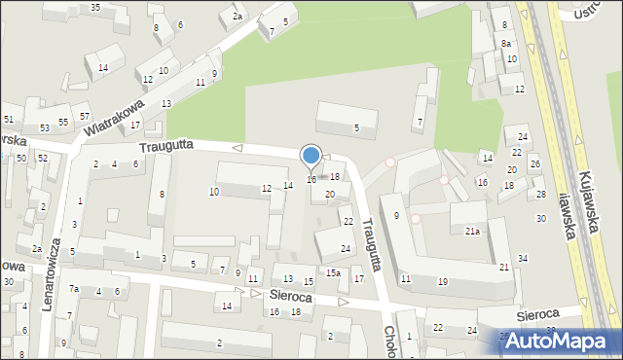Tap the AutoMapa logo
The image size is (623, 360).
tap(557, 341)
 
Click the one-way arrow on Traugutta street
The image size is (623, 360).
tap(238, 148)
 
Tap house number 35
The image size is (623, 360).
tap(95, 8)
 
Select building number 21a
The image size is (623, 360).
tap(472, 231)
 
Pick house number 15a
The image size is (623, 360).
tap(333, 273)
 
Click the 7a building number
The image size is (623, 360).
tap(73, 288)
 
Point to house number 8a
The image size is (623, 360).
tap(506, 44)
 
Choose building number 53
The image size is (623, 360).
tap(44, 128)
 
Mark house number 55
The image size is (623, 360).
tap(63, 122)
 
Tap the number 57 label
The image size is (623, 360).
tap(86, 117)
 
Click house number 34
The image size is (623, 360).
tap(523, 258)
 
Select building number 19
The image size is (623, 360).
tap(443, 281)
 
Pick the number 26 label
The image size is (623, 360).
tap(534, 163)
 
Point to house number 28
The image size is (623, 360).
tap(541, 195)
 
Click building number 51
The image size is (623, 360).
tap(8, 119)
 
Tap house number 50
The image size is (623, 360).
tap(21, 157)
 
